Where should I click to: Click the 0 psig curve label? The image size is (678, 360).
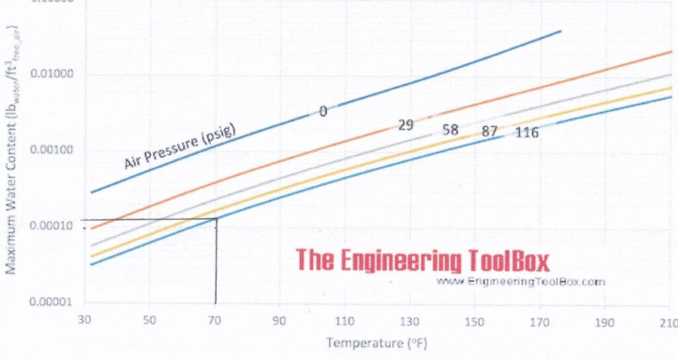tap(323, 111)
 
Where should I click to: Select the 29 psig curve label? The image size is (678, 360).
tap(406, 124)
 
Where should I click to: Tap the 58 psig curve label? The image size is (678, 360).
tap(450, 130)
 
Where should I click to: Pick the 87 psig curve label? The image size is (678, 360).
tap(489, 131)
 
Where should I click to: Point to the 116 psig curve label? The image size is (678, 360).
tap(527, 133)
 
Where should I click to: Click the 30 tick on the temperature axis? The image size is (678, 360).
tap(85, 322)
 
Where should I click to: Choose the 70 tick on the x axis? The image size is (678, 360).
tap(215, 322)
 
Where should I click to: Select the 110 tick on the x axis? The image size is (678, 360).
tap(345, 322)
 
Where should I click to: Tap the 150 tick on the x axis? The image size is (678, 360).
tap(475, 322)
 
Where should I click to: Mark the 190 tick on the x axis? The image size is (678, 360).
tap(604, 322)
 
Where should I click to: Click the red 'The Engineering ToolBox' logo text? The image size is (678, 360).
tap(422, 260)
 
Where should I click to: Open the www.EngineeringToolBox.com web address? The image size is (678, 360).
tap(521, 281)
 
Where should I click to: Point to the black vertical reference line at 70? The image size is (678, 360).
tap(216, 265)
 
